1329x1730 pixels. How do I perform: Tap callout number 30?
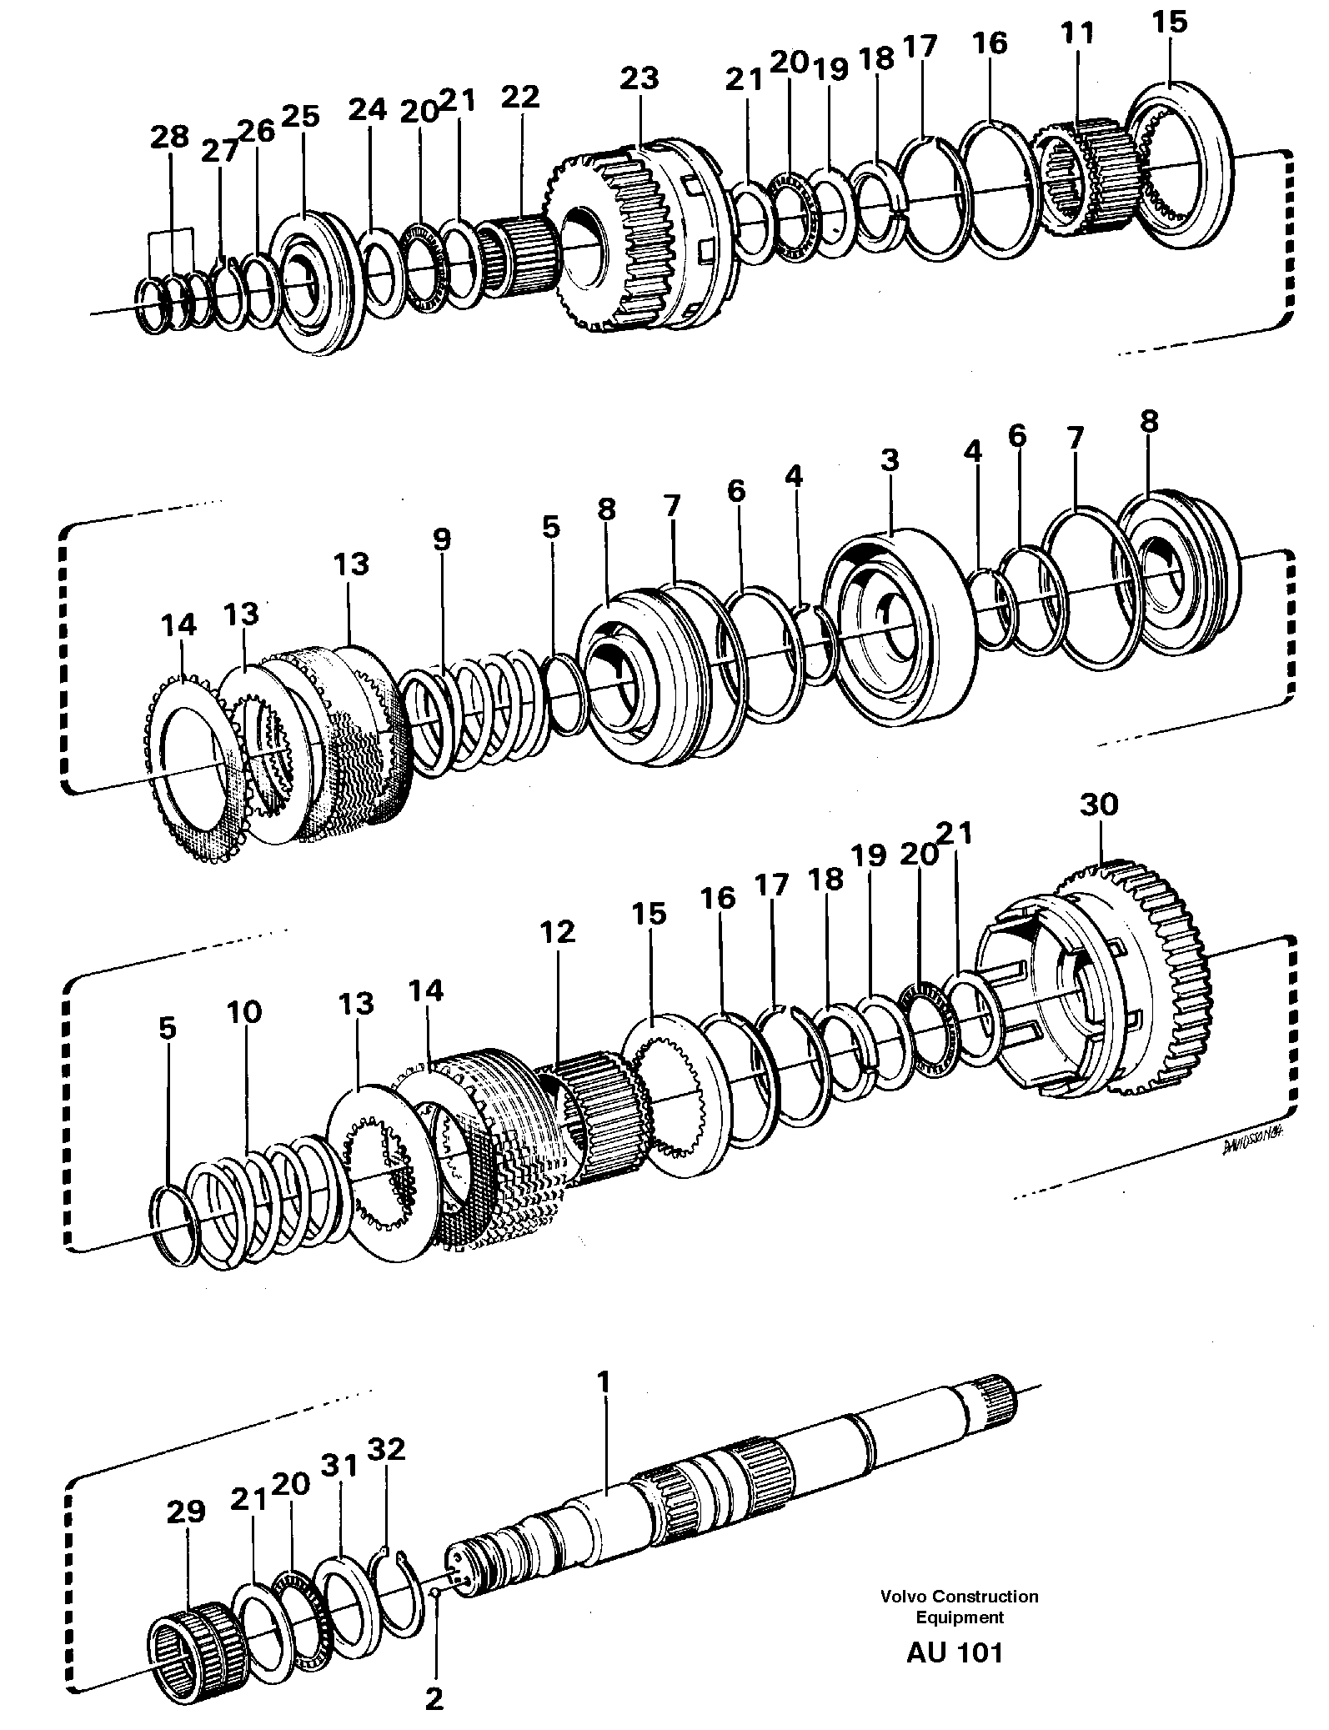[1099, 805]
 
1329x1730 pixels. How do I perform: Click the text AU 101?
[955, 1652]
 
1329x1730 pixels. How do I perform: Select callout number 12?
[557, 931]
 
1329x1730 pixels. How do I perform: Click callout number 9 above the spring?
[441, 539]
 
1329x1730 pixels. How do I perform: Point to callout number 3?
[890, 459]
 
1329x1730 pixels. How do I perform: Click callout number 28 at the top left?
[170, 137]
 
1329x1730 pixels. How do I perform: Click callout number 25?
[300, 116]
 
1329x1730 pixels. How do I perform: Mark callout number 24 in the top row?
[368, 109]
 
